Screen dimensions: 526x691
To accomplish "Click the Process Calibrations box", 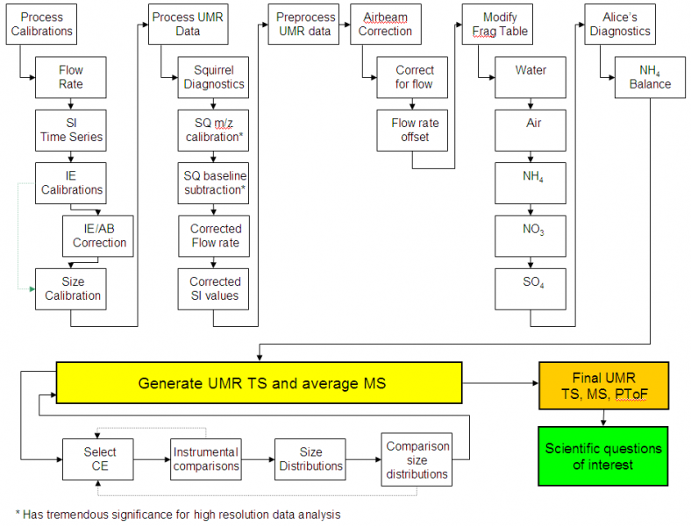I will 42,25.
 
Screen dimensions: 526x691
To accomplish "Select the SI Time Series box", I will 71,130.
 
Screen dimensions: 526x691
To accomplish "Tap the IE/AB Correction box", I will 99,236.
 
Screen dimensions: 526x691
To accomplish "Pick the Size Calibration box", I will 71,288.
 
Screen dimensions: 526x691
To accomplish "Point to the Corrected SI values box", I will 214,288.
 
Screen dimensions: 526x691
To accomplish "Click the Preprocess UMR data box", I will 303,25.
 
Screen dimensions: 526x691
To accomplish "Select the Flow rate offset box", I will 415,130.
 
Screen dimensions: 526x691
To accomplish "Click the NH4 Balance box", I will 650,77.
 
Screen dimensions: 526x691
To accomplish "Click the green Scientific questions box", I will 603,456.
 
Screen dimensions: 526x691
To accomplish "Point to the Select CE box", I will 99,458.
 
